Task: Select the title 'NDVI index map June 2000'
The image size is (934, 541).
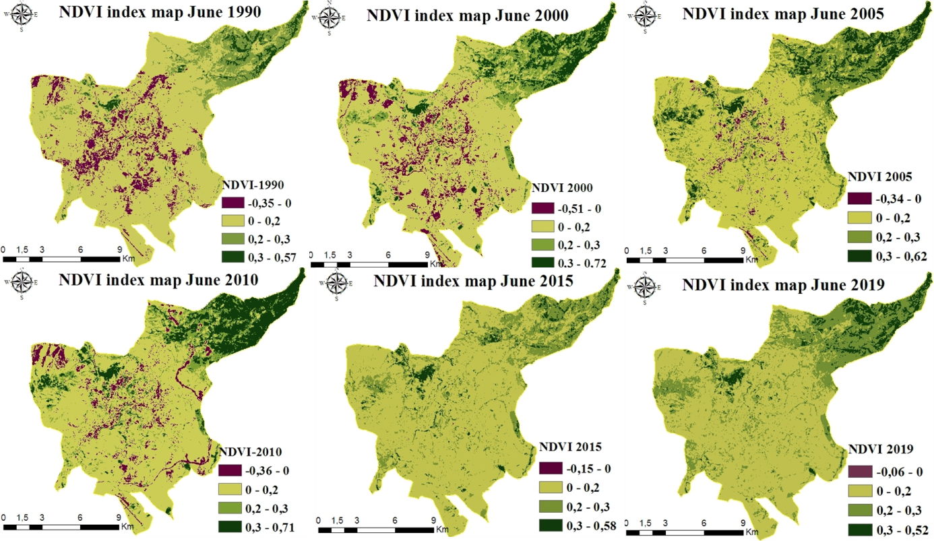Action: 467,15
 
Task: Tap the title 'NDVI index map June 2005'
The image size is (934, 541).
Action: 783,13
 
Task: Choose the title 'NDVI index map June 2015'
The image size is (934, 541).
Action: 473,282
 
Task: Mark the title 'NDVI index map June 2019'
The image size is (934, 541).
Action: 782,284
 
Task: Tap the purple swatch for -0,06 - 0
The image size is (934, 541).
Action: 862,472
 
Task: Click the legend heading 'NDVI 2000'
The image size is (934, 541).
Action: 562,188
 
